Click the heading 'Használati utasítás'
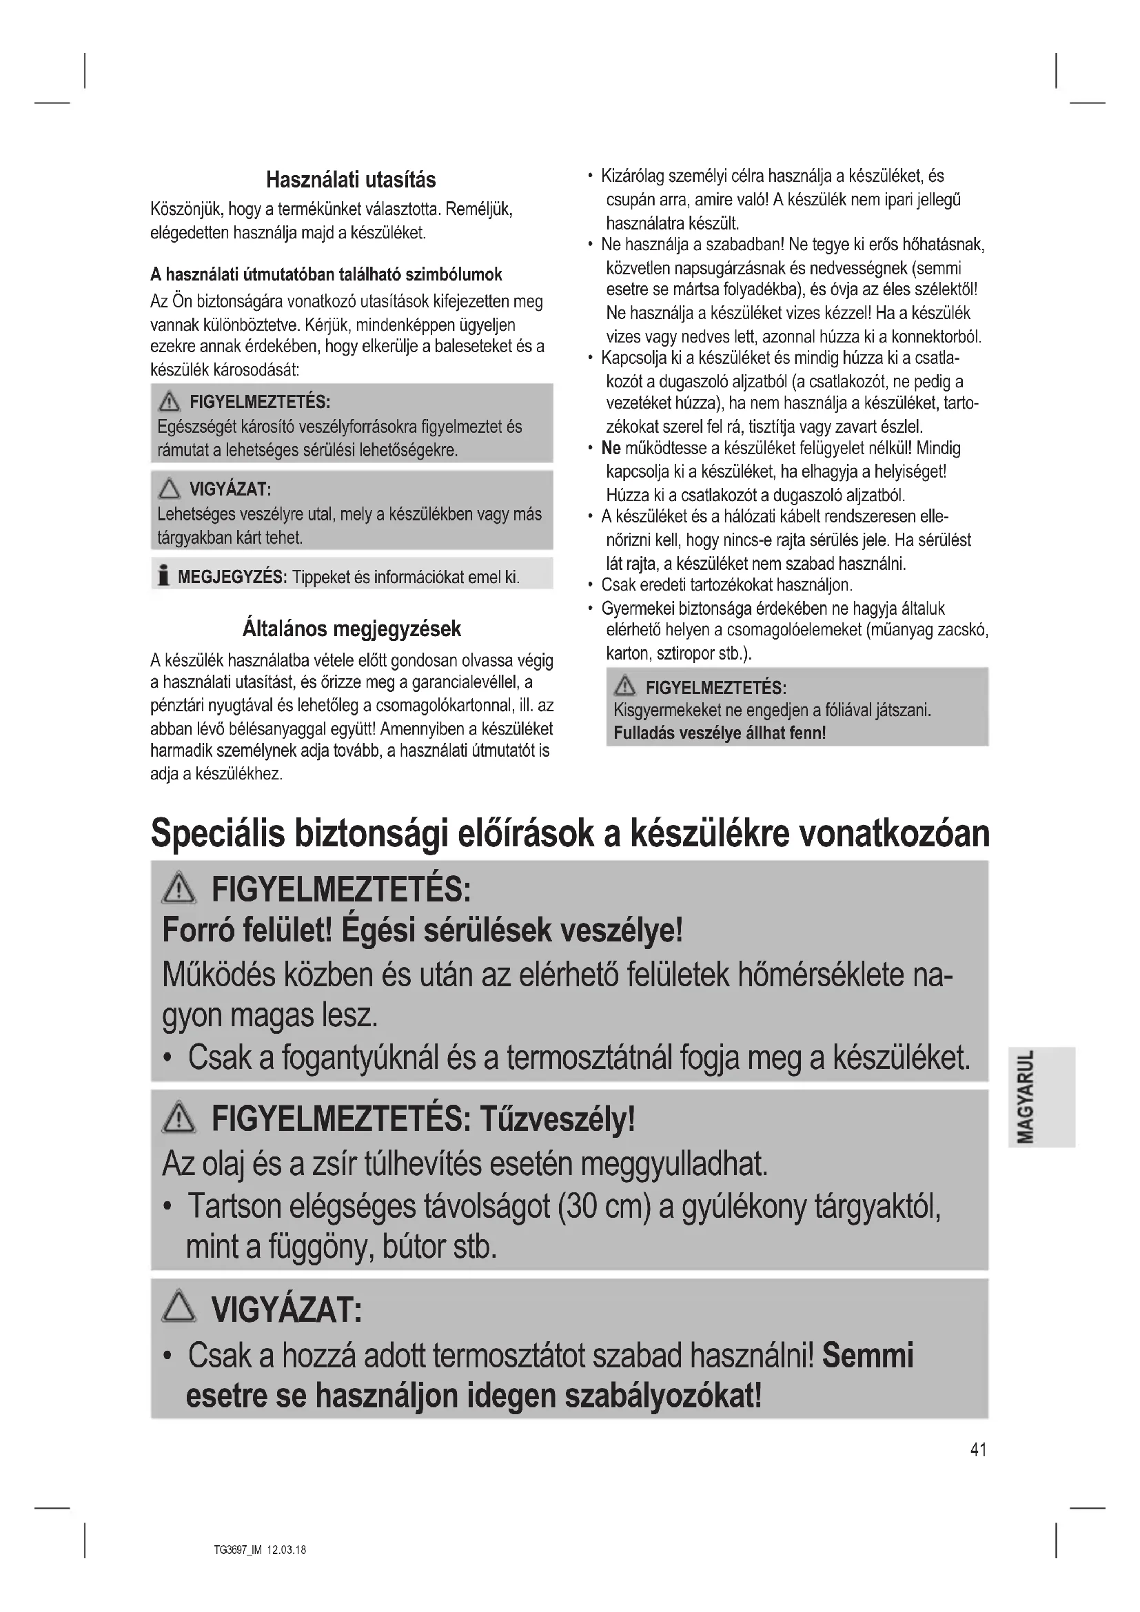pyautogui.click(x=351, y=181)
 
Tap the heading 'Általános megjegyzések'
pyautogui.click(x=352, y=629)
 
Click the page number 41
pyautogui.click(x=979, y=1450)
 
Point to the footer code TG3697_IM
pyautogui.click(x=237, y=1549)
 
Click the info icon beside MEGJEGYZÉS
pyautogui.click(x=163, y=576)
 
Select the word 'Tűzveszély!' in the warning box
pyautogui.click(x=558, y=1119)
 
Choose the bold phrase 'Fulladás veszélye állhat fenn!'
pyautogui.click(x=720, y=733)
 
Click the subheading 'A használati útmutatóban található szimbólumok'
pyautogui.click(x=327, y=274)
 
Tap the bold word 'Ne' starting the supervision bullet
pyautogui.click(x=611, y=448)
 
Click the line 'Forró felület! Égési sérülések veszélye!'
pyautogui.click(x=422, y=931)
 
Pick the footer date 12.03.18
pyautogui.click(x=287, y=1549)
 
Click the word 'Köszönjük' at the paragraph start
pyautogui.click(x=184, y=210)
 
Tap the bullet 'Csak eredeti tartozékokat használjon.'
pyautogui.click(x=726, y=585)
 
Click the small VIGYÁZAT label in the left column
pyautogui.click(x=230, y=489)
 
